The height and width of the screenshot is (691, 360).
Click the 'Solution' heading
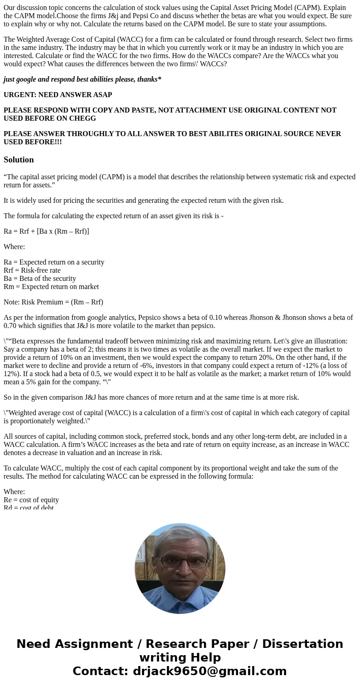19,160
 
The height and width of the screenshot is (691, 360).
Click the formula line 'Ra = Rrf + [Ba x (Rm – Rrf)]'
46,231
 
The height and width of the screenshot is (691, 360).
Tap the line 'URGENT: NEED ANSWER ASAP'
58,95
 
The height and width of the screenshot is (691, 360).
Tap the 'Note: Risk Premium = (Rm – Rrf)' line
54,302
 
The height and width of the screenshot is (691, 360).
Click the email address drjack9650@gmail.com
209,671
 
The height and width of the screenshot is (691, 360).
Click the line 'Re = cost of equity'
31,500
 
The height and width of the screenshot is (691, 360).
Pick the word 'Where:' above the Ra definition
15,247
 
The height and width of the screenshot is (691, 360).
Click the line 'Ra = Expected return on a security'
54,262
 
